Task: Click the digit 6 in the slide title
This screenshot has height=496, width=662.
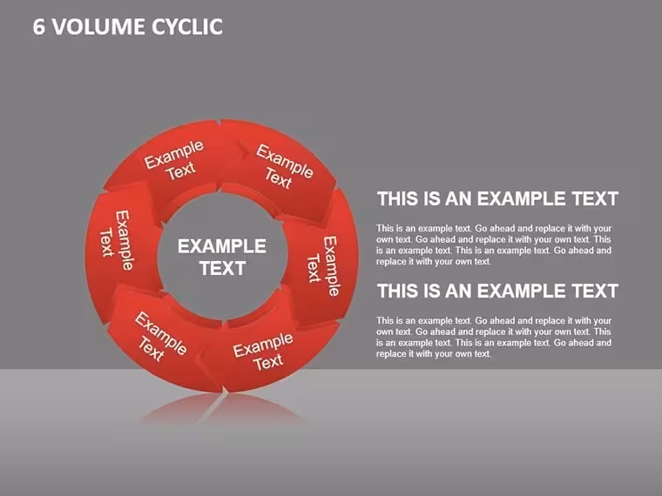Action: pos(39,27)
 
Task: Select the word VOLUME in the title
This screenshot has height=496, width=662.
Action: pos(98,27)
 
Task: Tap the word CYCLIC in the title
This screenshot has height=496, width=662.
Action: pos(187,27)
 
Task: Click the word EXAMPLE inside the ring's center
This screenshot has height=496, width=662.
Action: pos(221,246)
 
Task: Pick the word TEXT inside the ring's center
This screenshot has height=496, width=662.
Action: pos(222,268)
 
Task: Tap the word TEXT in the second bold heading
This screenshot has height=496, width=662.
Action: pos(595,291)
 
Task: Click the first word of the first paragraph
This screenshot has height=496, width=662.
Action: pos(385,229)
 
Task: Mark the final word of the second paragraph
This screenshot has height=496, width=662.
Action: pos(482,354)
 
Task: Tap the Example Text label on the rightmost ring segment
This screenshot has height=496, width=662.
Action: pos(323,267)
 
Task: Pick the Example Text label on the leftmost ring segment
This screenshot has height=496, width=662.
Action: pos(117,240)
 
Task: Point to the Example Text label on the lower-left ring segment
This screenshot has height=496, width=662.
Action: pos(159,337)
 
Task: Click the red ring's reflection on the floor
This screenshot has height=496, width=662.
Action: pos(221,408)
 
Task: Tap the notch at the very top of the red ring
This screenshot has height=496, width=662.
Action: pos(220,122)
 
